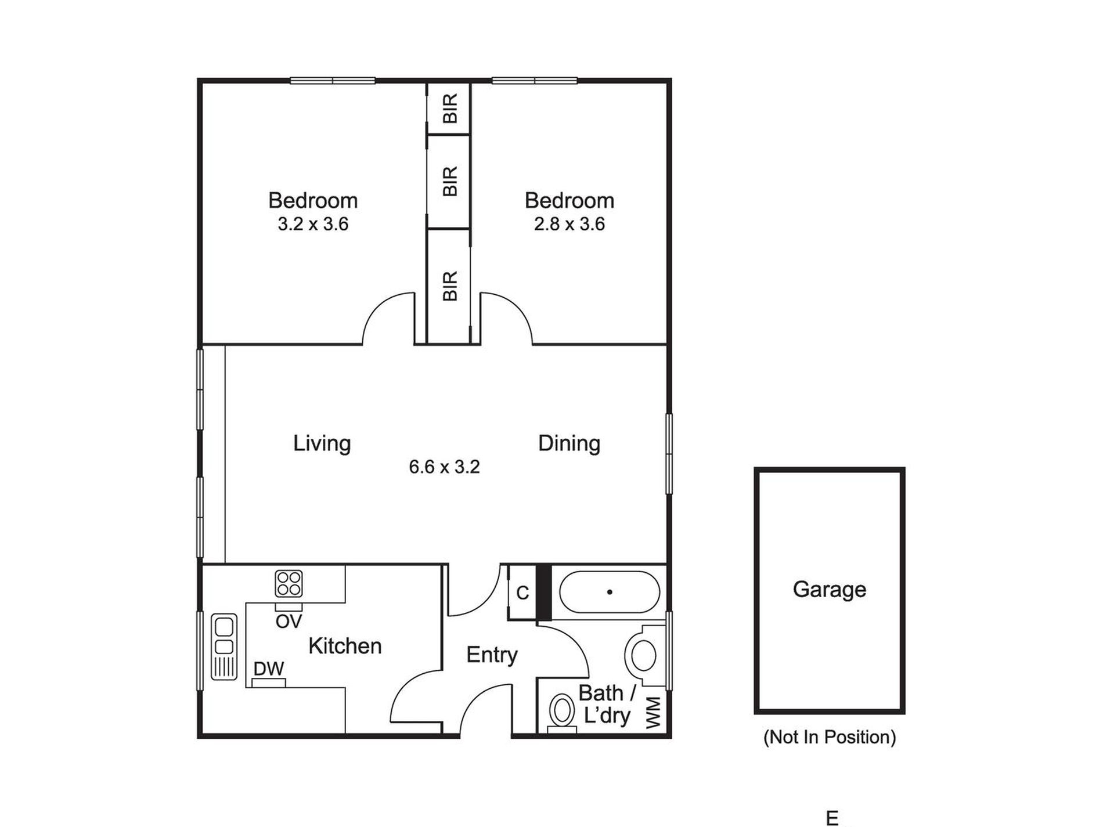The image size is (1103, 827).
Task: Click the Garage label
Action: (829, 589)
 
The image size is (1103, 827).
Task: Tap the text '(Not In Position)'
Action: (829, 737)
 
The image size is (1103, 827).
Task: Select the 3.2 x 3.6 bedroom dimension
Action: (313, 224)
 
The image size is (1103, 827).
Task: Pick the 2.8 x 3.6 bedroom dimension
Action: (569, 224)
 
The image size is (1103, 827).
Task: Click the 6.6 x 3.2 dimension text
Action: (444, 467)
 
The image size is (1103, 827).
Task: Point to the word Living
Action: (322, 443)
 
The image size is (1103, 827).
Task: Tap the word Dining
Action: (569, 443)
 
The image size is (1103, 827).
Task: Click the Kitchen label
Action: (345, 646)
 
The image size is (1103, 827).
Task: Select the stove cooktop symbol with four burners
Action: (289, 584)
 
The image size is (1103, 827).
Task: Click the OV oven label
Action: (289, 622)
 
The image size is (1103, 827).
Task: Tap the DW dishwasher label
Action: (269, 669)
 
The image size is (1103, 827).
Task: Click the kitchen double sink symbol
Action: (224, 646)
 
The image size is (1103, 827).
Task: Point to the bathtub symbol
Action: (609, 592)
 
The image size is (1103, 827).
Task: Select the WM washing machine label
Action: (654, 713)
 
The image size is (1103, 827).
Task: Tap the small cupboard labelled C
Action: (522, 593)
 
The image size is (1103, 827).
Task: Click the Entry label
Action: (492, 655)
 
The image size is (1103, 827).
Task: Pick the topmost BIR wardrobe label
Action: (450, 109)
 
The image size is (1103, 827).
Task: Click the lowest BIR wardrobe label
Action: (450, 286)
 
